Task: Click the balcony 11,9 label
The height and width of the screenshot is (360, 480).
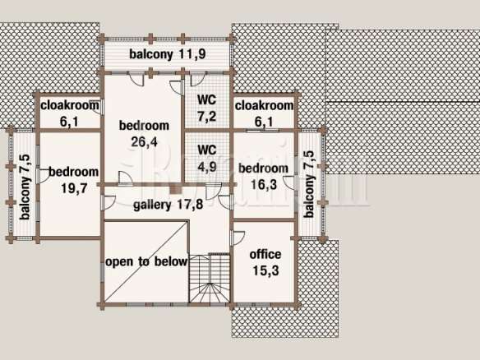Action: [167, 54]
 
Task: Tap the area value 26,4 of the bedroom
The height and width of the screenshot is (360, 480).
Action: [144, 141]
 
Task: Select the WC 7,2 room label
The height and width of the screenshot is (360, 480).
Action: [207, 108]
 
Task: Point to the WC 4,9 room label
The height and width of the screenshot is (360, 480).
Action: [207, 159]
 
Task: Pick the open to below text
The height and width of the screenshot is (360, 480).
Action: [146, 262]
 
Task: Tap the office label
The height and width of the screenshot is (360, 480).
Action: [265, 255]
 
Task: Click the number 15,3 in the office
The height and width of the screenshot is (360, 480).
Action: [265, 270]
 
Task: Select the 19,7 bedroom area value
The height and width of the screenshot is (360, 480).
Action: [74, 188]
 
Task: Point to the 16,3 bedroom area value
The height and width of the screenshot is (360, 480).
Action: [264, 184]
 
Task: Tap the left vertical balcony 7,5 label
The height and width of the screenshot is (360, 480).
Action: [25, 187]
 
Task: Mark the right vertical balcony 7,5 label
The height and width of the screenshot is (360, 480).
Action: [309, 184]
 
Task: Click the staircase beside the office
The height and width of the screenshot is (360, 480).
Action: [210, 279]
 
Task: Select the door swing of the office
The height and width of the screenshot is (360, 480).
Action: [238, 238]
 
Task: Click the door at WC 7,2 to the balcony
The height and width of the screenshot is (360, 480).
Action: [198, 79]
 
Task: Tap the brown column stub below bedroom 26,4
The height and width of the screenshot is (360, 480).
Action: [175, 189]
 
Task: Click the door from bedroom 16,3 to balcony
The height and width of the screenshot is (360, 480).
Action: [290, 182]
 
